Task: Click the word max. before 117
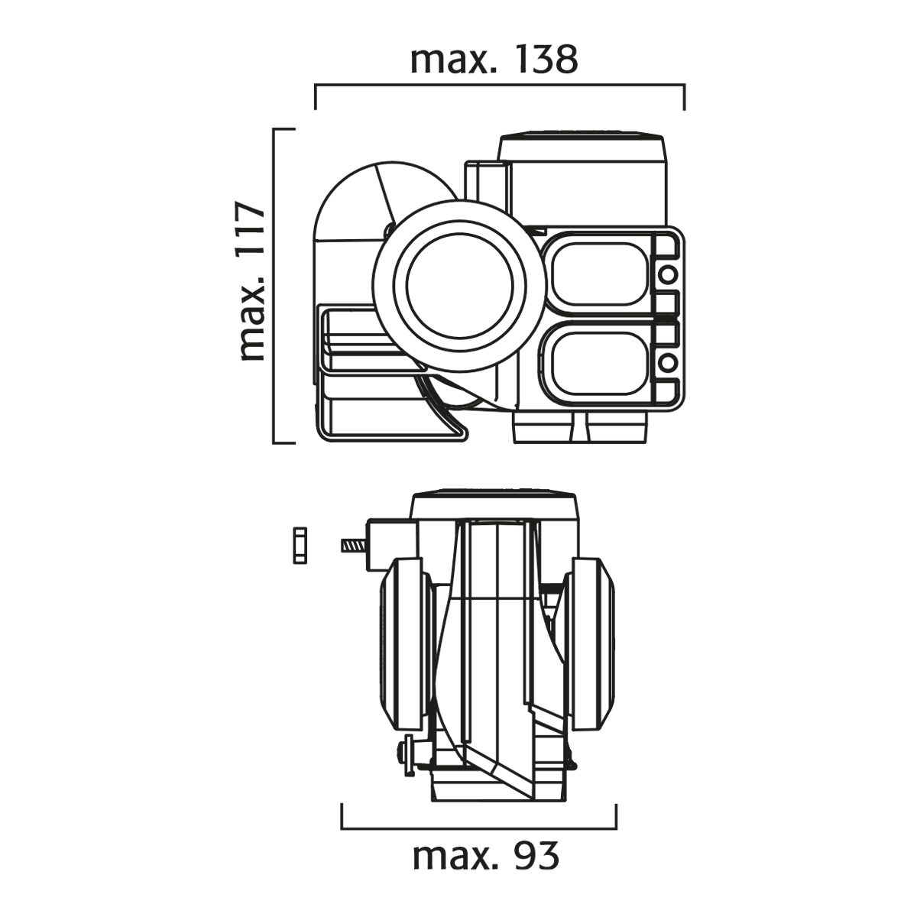coord(253,318)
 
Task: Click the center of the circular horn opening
coord(460,284)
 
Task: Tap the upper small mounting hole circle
coord(669,274)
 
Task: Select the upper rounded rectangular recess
coord(601,274)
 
